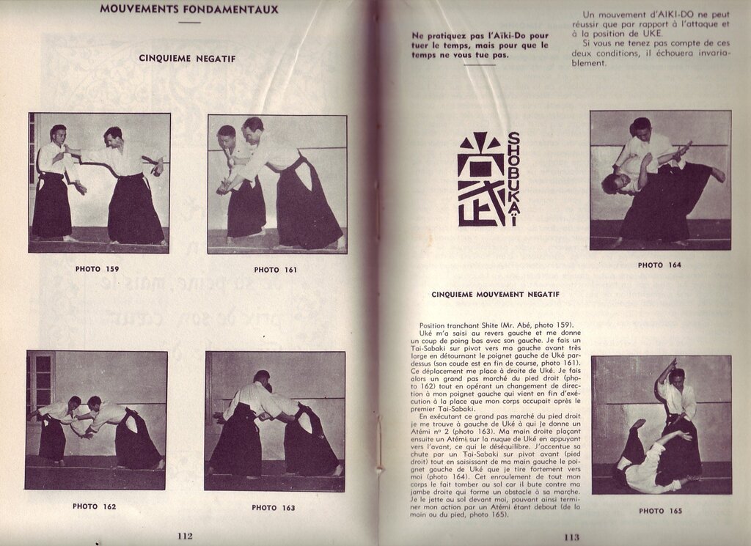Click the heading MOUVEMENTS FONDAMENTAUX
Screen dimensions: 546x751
click(x=188, y=10)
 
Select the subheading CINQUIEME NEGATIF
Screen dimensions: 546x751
click(x=187, y=58)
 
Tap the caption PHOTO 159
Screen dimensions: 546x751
click(x=97, y=269)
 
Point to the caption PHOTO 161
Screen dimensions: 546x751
click(x=276, y=270)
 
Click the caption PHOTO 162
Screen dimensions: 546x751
click(x=95, y=506)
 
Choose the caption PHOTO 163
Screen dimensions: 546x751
click(x=274, y=507)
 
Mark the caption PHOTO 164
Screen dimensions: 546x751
click(x=659, y=265)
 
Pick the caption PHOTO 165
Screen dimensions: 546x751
click(x=660, y=511)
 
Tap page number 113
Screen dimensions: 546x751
click(x=571, y=536)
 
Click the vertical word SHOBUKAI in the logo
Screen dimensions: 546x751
click(x=513, y=178)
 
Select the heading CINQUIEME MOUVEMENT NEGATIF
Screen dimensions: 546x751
click(x=495, y=295)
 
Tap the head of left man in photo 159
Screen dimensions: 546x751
click(x=58, y=133)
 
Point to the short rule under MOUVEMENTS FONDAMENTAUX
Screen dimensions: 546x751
click(x=188, y=23)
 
